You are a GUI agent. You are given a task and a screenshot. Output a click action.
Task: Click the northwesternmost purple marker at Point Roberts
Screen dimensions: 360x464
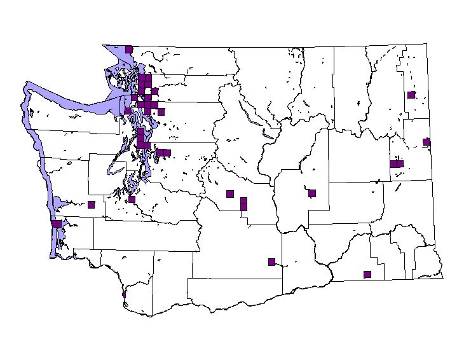129,49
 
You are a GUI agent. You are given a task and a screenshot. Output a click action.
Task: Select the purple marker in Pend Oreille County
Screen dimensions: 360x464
411,95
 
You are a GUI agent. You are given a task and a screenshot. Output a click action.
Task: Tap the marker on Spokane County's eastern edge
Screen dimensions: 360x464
426,142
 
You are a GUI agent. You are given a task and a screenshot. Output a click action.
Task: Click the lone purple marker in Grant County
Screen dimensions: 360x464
312,193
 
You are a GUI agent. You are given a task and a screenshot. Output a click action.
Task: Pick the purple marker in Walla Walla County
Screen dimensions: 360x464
367,274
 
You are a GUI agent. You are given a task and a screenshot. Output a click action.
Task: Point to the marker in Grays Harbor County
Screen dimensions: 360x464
91,204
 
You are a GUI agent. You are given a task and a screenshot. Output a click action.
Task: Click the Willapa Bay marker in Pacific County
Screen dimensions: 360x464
57,223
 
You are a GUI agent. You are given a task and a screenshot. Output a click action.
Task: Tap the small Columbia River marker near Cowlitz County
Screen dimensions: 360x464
123,294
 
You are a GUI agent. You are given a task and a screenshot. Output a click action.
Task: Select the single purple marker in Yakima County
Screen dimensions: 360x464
271,261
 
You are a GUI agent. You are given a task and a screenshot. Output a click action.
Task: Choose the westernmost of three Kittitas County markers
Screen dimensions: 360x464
230,194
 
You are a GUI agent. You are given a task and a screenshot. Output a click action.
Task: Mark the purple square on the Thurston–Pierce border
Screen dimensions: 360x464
132,199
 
